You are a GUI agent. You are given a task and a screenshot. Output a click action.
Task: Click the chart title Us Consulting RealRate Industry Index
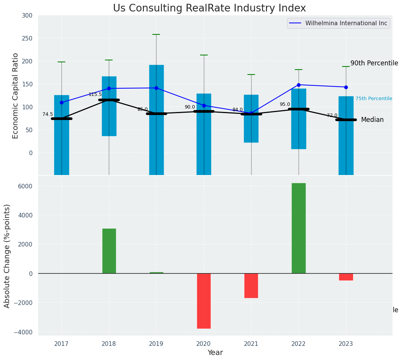tap(209, 8)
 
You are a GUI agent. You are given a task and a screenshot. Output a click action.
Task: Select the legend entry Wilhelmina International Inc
tap(346, 23)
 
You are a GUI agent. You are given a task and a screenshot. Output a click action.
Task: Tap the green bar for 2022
tap(299, 228)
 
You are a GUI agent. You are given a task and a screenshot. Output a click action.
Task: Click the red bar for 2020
tap(204, 301)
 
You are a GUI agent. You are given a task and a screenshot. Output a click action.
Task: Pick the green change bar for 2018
tap(109, 251)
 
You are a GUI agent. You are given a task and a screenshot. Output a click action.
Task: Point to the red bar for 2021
tap(251, 285)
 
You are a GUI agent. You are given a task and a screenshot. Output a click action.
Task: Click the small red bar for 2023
tap(346, 277)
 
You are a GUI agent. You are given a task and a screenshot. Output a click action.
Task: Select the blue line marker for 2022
tap(299, 85)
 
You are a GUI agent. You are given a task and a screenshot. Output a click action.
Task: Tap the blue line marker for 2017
tap(61, 102)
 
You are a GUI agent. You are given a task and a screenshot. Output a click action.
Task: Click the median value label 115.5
tap(95, 94)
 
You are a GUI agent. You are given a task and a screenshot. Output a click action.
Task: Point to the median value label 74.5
tap(48, 114)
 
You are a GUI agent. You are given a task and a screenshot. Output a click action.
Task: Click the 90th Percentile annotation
tap(374, 63)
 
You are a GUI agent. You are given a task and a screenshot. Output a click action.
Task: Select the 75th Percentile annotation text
tap(374, 99)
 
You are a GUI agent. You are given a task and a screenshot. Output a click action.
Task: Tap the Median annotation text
tap(372, 120)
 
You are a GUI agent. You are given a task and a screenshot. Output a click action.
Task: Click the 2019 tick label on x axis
tap(156, 344)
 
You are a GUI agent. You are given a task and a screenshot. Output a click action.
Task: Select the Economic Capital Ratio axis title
tap(16, 96)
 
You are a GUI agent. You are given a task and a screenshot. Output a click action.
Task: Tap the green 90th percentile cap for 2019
tap(156, 34)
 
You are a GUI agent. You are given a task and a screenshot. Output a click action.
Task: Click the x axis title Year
tap(215, 353)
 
